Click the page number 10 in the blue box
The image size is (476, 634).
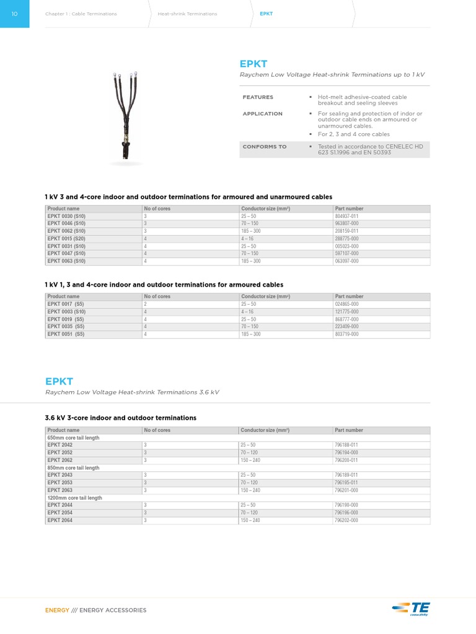pyautogui.click(x=14, y=14)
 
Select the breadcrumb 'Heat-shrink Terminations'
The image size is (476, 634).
pyautogui.click(x=187, y=14)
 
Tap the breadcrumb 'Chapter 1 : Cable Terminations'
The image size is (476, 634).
pyautogui.click(x=81, y=14)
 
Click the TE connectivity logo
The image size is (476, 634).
pyautogui.click(x=411, y=609)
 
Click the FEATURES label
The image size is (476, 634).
pyautogui.click(x=258, y=97)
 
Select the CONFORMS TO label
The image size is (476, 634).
pyautogui.click(x=265, y=147)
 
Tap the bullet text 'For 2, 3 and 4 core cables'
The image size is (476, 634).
pyautogui.click(x=354, y=134)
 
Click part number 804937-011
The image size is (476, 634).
pyautogui.click(x=346, y=216)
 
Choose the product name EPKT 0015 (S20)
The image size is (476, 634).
pyautogui.click(x=66, y=238)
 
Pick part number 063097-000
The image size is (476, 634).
pyautogui.click(x=346, y=261)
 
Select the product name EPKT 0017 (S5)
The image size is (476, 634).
pyautogui.click(x=66, y=304)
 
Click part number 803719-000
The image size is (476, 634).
pyautogui.click(x=346, y=334)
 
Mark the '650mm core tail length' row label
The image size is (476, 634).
pyautogui.click(x=73, y=438)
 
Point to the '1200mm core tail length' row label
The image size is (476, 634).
pyautogui.click(x=74, y=498)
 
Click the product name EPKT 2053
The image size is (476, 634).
pyautogui.click(x=60, y=482)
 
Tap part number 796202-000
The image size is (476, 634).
pyautogui.click(x=346, y=520)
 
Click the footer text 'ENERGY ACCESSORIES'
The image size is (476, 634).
pyautogui.click(x=113, y=610)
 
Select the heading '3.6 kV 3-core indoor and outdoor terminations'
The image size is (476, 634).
pyautogui.click(x=120, y=418)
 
